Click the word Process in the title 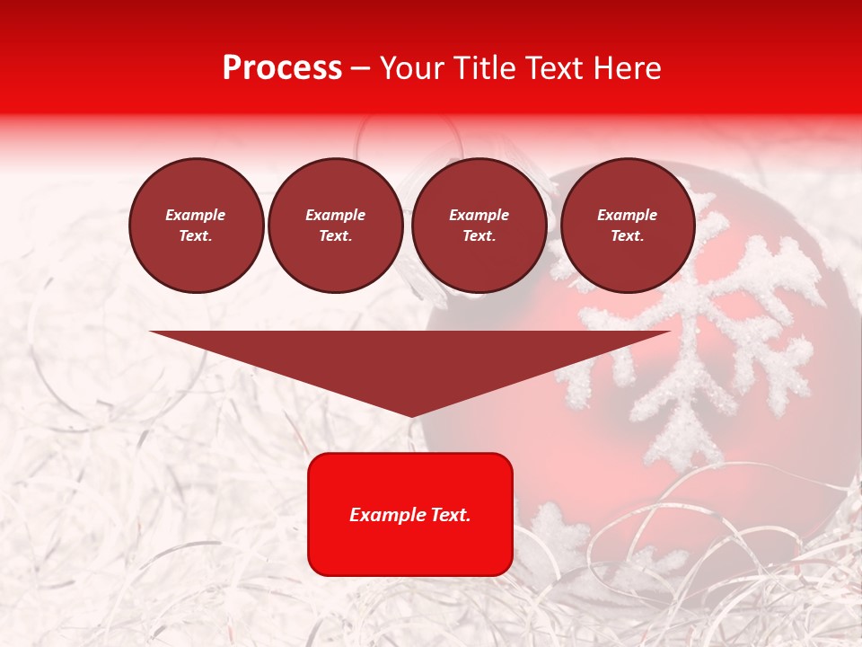click(x=282, y=68)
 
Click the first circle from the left click(x=197, y=226)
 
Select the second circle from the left click(x=336, y=226)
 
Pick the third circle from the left click(x=479, y=226)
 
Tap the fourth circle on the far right click(x=628, y=226)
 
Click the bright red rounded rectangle click(x=410, y=514)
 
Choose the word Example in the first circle click(x=196, y=215)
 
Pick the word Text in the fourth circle click(x=627, y=236)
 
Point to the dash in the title click(x=360, y=68)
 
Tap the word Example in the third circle click(x=479, y=215)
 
